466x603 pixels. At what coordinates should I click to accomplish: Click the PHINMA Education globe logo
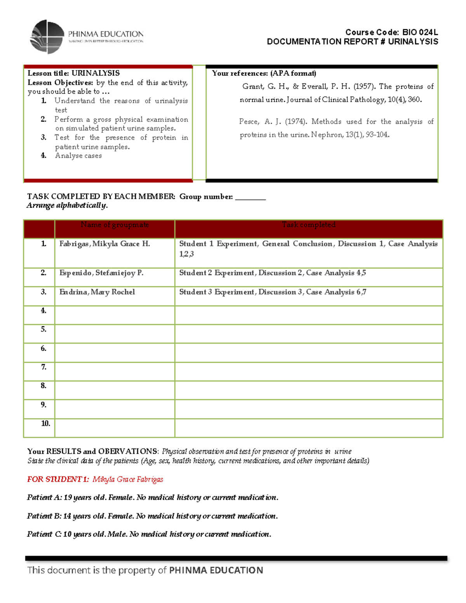47,37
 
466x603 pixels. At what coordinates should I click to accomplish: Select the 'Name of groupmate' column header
115,225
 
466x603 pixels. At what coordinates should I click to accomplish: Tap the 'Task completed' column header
309,225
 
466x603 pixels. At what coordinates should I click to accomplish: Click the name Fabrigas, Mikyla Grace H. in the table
104,244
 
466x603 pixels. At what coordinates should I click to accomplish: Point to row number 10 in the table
45,424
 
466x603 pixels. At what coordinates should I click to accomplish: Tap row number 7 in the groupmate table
44,367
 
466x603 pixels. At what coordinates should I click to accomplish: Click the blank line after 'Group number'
250,197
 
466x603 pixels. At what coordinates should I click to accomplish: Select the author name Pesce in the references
249,122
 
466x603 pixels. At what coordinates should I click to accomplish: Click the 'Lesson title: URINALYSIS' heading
74,73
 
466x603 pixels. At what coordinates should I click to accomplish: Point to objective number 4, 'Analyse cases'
78,156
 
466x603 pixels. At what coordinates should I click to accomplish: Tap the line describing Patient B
152,516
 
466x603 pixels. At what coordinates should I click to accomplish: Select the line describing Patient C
149,534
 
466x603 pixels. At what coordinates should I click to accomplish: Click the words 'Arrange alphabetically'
67,205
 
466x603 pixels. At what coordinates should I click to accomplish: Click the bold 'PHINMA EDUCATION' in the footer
216,570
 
